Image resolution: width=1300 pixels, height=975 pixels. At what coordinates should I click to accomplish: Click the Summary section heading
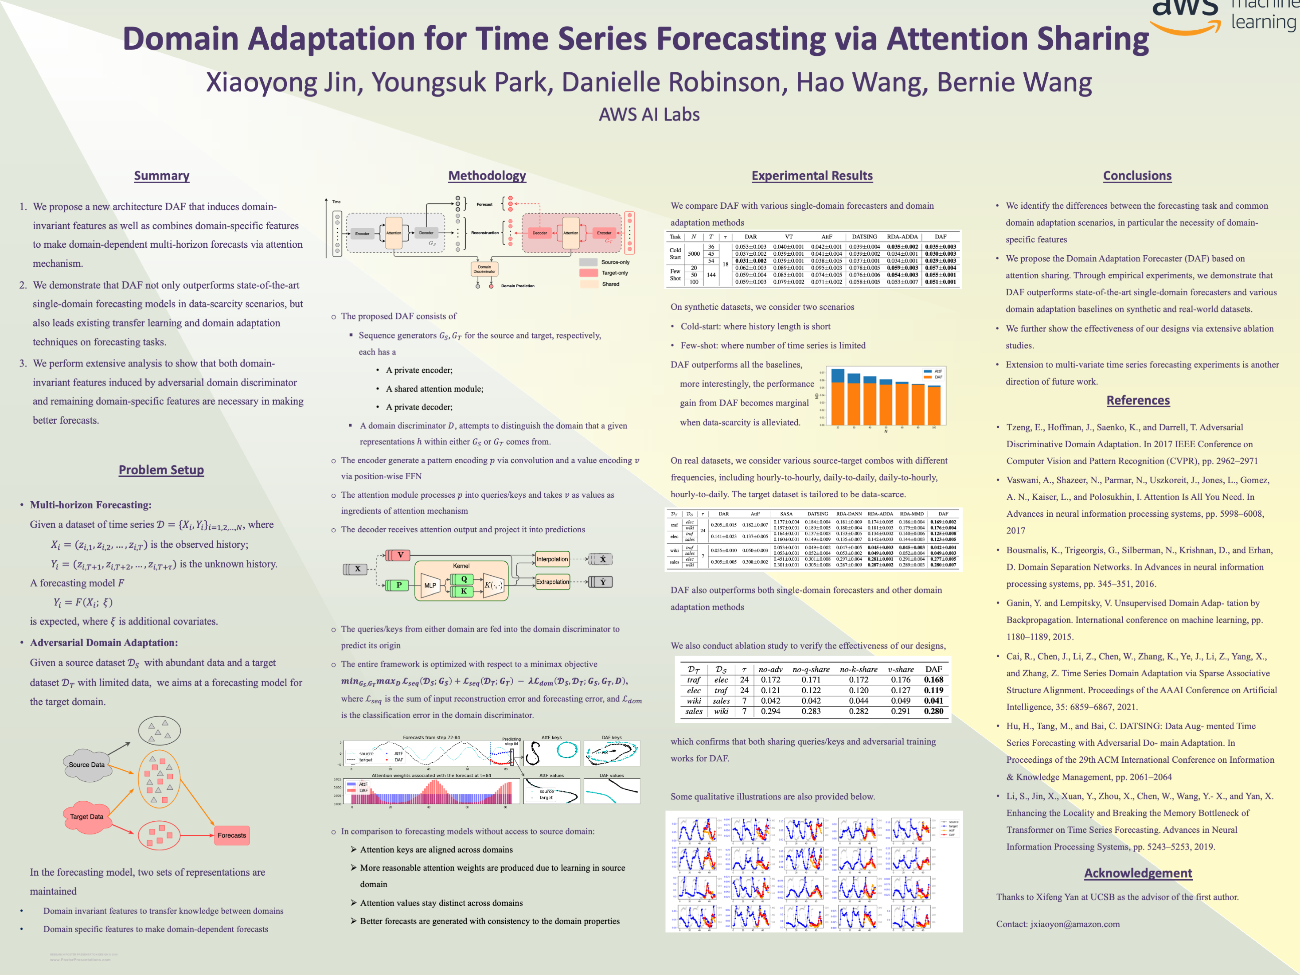click(x=162, y=176)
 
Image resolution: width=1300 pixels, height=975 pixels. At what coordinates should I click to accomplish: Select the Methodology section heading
click(x=487, y=176)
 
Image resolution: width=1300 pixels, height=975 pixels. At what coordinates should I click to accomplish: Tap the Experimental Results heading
click(x=812, y=176)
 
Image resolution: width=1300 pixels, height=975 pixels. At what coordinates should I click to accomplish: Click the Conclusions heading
click(x=1136, y=176)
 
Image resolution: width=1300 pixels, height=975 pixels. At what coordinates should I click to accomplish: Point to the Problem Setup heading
click(x=161, y=470)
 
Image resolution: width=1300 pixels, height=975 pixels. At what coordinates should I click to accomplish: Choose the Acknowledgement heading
click(x=1138, y=874)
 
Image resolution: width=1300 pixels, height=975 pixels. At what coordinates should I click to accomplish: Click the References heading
click(x=1138, y=400)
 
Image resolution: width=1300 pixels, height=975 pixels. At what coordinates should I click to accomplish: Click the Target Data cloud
click(x=87, y=817)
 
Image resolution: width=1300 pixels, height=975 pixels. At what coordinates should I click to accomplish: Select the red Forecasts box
click(x=231, y=835)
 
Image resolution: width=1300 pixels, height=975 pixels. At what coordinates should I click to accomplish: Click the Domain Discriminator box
click(x=484, y=269)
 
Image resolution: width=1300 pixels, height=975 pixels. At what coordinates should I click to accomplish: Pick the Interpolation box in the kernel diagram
click(x=552, y=559)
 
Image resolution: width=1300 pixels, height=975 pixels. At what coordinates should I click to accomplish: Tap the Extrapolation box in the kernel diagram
click(x=552, y=582)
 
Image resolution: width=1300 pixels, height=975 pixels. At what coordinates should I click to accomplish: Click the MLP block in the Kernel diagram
click(x=430, y=585)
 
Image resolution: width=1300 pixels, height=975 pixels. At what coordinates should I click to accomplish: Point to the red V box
click(x=400, y=555)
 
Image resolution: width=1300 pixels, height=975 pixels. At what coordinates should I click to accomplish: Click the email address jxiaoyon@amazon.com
click(x=1075, y=924)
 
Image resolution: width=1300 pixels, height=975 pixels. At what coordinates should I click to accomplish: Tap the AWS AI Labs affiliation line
click(x=649, y=115)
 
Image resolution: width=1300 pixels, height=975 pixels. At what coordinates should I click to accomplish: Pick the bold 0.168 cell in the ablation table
click(x=933, y=680)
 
